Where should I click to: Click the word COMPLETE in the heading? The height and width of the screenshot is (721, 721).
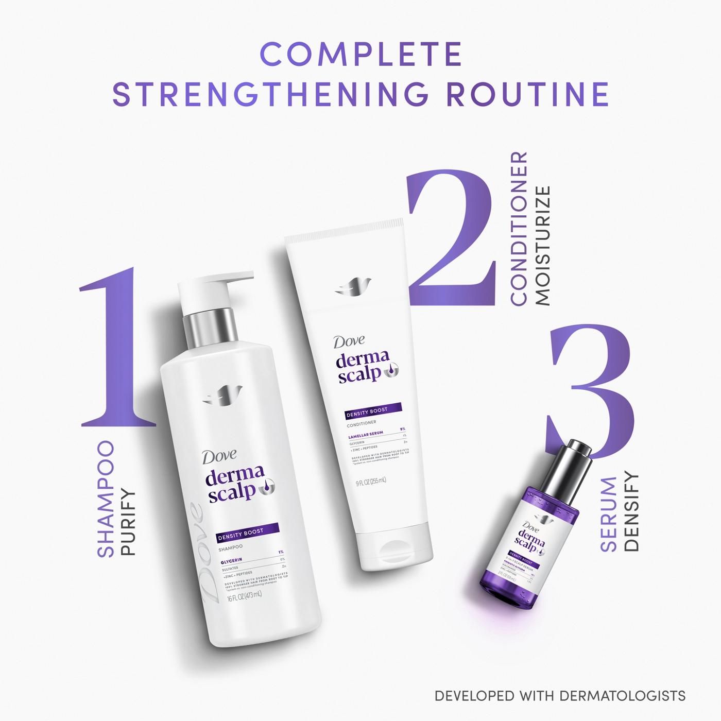[x=360, y=54]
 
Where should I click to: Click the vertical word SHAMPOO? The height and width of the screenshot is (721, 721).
[x=106, y=499]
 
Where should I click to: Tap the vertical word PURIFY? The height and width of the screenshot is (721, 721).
[x=127, y=523]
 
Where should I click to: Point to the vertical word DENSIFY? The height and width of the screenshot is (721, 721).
[x=631, y=512]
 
